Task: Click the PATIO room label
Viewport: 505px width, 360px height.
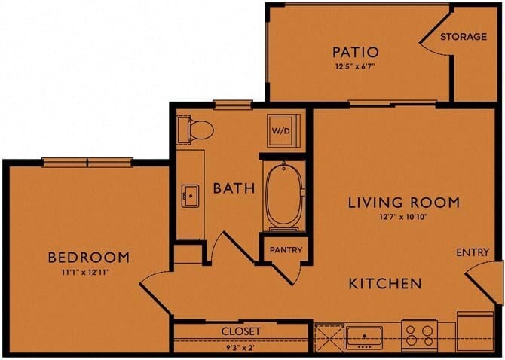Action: click(x=355, y=52)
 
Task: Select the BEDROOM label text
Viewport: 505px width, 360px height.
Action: click(x=88, y=258)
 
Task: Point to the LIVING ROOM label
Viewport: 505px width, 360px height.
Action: click(x=404, y=203)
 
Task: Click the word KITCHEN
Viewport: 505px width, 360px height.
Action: click(x=384, y=284)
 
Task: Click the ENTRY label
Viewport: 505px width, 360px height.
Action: click(x=473, y=252)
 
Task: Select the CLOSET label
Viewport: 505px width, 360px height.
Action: click(x=241, y=331)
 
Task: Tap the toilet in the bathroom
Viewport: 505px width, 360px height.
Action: click(x=197, y=130)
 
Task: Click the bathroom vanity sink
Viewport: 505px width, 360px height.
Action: click(x=189, y=197)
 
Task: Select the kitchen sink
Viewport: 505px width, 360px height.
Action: click(x=364, y=334)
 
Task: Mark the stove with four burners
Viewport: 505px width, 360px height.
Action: click(x=418, y=333)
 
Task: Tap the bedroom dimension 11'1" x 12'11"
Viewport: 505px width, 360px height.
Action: click(x=88, y=272)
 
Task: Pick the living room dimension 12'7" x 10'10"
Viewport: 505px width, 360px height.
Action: click(x=403, y=218)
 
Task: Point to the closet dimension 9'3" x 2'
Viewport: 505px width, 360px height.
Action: click(x=241, y=347)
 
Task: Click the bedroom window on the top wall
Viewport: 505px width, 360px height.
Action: click(x=87, y=161)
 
